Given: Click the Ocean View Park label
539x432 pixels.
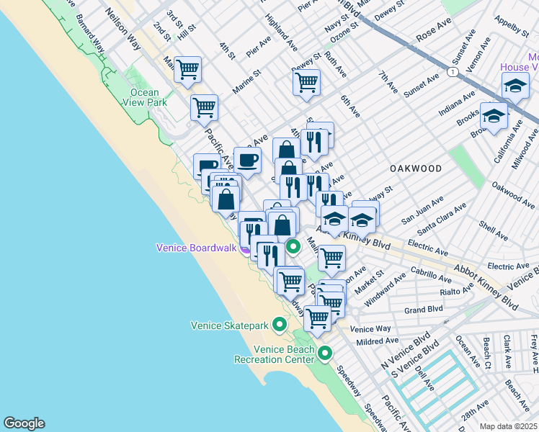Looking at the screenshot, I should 148,97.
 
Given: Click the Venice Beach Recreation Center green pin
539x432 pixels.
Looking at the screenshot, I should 326,354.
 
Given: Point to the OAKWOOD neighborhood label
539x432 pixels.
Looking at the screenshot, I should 416,168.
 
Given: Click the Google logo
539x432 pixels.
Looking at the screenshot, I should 24,423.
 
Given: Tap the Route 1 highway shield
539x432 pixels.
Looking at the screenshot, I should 452,72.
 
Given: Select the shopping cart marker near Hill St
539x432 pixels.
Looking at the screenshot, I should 188,71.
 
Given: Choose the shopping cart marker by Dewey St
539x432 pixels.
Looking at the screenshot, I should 306,83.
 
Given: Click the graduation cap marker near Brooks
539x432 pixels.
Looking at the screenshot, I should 494,115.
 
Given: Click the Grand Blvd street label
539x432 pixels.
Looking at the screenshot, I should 423,310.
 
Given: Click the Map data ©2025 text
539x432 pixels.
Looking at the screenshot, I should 508,426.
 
